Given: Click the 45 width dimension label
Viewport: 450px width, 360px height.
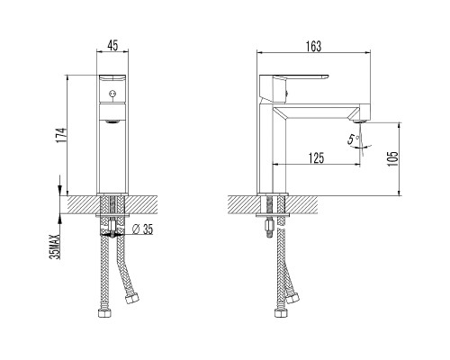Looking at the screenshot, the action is click(x=112, y=46).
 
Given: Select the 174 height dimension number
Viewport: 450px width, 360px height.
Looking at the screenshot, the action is click(x=60, y=135).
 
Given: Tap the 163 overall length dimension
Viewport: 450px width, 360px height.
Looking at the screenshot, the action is click(x=313, y=47).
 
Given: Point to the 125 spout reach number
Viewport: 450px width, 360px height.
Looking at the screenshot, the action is click(x=316, y=158).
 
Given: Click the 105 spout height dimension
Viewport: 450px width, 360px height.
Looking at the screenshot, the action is click(x=393, y=158).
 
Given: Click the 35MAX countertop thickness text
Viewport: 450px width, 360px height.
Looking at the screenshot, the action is click(x=56, y=247).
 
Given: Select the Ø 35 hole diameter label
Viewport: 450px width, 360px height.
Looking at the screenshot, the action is click(x=142, y=229).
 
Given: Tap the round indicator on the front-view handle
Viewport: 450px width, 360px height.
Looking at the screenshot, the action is click(x=112, y=94).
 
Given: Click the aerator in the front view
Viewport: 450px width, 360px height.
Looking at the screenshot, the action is click(x=112, y=121).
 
